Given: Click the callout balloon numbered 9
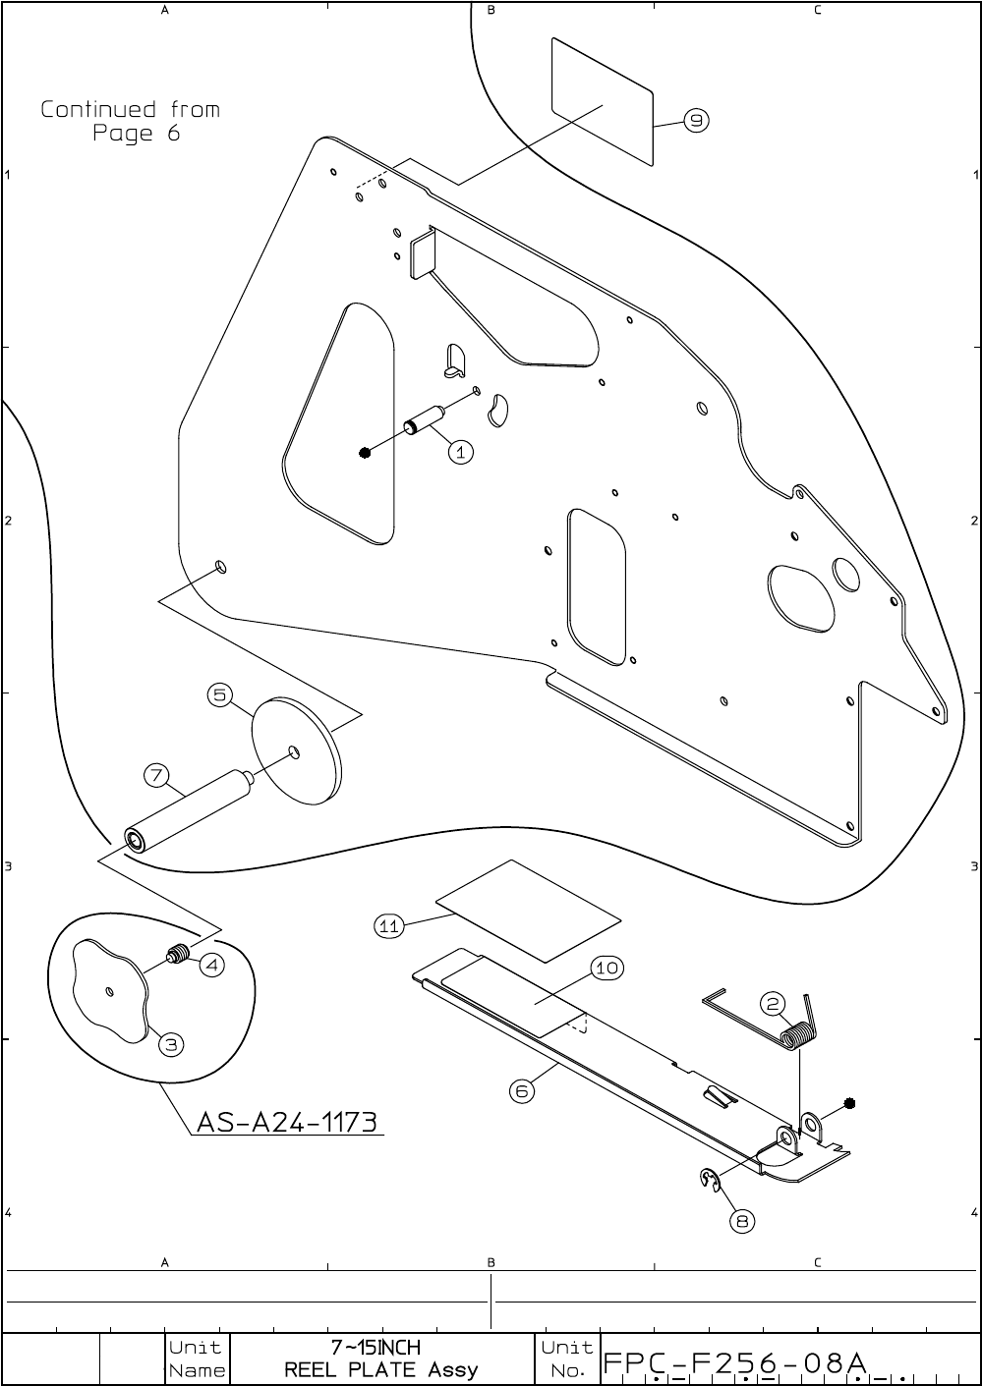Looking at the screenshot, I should [696, 121].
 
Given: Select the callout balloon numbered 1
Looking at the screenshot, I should [461, 452].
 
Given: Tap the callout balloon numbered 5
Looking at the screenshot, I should [220, 695].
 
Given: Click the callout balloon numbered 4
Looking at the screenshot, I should [211, 965].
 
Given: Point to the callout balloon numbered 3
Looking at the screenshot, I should [171, 1043].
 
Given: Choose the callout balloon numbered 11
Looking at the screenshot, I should [389, 925].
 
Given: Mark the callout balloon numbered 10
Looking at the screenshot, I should [607, 968].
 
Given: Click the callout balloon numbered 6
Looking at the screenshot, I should [522, 1090].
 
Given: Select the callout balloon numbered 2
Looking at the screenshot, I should [774, 1004].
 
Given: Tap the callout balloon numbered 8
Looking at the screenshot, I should [743, 1221].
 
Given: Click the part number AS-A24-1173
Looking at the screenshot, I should [287, 1122].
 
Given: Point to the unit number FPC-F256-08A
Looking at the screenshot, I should [734, 1362].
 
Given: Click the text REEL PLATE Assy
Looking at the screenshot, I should [380, 1369].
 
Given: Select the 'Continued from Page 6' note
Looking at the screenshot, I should [130, 121].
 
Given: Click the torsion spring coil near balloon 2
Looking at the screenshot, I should [798, 1035].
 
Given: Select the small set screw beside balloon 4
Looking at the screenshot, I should [178, 954].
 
